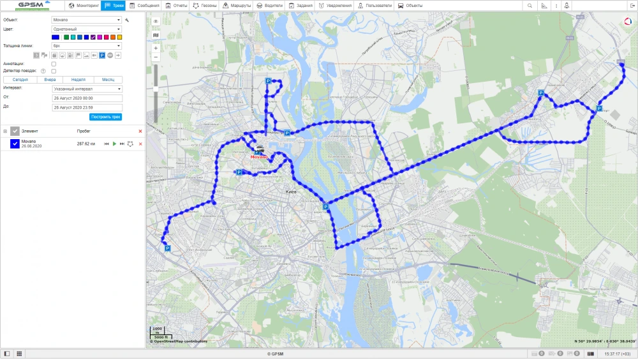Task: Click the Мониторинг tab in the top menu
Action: (x=84, y=5)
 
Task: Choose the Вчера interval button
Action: (x=50, y=80)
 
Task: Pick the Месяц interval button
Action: (x=104, y=80)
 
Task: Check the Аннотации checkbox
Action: (x=54, y=64)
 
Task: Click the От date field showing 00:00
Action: (x=87, y=98)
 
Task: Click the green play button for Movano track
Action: (x=114, y=144)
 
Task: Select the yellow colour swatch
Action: (x=119, y=37)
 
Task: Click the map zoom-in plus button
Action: (x=156, y=48)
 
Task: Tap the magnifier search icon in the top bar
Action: (x=530, y=5)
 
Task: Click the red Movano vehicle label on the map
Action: (x=260, y=156)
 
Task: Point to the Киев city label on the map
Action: (x=292, y=191)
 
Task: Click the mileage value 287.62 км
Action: (x=86, y=144)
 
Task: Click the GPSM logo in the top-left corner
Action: (x=32, y=5)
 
